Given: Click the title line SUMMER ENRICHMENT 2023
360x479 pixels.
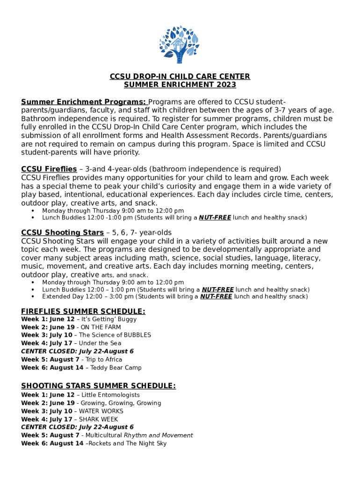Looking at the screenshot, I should (180, 85).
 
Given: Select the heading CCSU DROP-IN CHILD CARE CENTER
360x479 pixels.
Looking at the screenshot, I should (180, 76).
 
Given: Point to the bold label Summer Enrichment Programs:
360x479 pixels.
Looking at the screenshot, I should (84, 102).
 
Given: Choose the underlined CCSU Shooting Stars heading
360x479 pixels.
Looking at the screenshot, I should (62, 232).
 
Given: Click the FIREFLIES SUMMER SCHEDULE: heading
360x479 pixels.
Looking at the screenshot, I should (83, 312).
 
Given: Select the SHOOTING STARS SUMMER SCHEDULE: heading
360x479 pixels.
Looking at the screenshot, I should (98, 385).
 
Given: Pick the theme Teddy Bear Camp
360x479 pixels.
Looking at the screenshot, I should (115, 368).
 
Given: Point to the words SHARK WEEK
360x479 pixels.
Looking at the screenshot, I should (98, 419).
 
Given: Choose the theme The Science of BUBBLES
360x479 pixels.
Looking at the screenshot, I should (115, 335).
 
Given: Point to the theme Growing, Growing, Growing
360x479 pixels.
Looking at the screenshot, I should (121, 403).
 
